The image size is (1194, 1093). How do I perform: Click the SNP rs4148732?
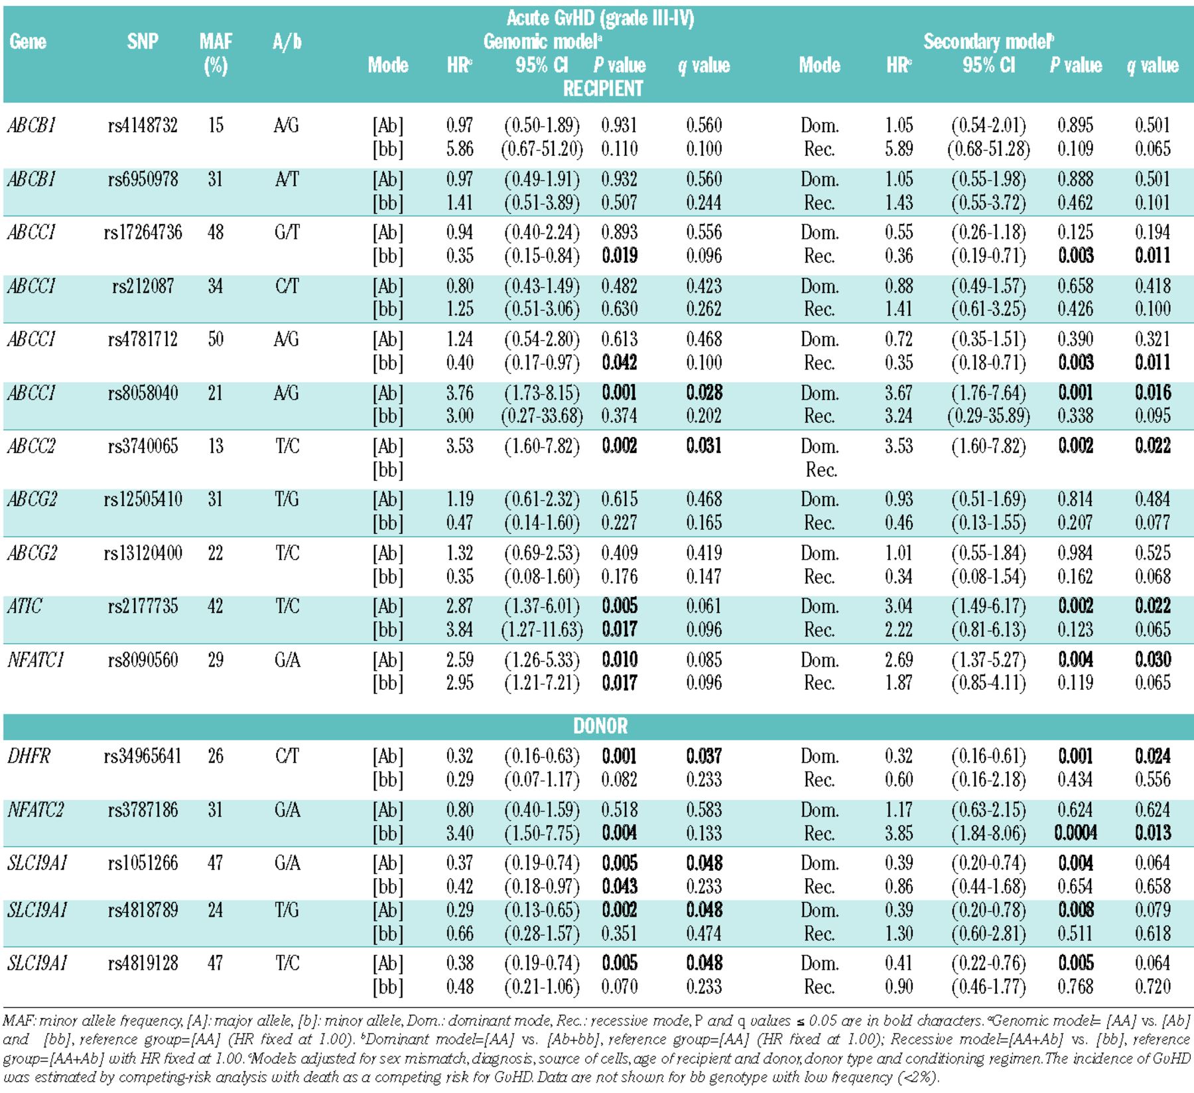(x=143, y=125)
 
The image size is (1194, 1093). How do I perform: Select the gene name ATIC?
(x=25, y=606)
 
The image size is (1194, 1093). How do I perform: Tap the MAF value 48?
(x=216, y=232)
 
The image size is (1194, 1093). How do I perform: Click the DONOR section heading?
(x=600, y=726)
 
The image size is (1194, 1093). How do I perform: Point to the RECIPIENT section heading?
(x=603, y=88)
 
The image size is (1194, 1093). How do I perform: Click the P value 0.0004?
(x=1075, y=832)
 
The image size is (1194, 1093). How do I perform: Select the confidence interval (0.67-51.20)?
(x=542, y=149)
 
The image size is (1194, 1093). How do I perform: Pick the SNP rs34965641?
(x=143, y=756)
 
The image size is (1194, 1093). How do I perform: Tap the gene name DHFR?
(x=29, y=756)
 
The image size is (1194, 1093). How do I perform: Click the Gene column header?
(x=28, y=42)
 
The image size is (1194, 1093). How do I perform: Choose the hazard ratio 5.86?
(x=460, y=149)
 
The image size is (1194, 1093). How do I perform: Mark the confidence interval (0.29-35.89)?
(x=988, y=416)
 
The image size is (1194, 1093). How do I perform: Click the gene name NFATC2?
(x=35, y=810)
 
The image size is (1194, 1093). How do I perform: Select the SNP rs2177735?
(x=143, y=606)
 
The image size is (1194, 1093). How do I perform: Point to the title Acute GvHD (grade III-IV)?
(x=600, y=18)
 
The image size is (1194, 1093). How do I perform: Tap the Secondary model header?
(x=988, y=42)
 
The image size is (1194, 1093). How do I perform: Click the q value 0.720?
(x=1152, y=986)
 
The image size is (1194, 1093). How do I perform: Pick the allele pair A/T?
(x=287, y=179)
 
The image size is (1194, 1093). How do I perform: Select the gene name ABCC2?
(x=31, y=446)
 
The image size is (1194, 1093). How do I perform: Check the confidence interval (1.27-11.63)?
(x=542, y=629)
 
